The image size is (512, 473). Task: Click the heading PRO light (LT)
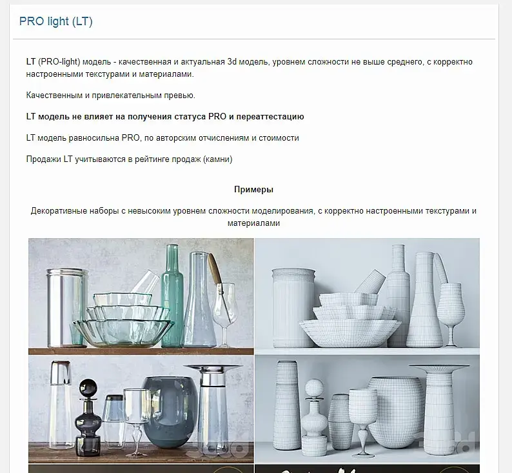coord(56,21)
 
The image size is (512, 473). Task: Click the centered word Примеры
coord(253,190)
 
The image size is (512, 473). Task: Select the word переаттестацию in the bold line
coord(270,117)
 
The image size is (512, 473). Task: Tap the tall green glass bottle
coord(172,296)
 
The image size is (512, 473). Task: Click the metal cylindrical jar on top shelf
coord(67,307)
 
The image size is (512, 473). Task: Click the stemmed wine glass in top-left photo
coord(224,314)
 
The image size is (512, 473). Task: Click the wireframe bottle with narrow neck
coord(399,296)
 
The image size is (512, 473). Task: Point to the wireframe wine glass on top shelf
coord(451,314)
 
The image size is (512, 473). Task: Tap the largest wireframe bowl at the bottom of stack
coord(350,332)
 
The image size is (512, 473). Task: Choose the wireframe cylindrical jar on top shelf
coord(293,307)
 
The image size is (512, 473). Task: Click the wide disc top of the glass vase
coord(213,367)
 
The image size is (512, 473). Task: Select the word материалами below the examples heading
coord(253,223)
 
